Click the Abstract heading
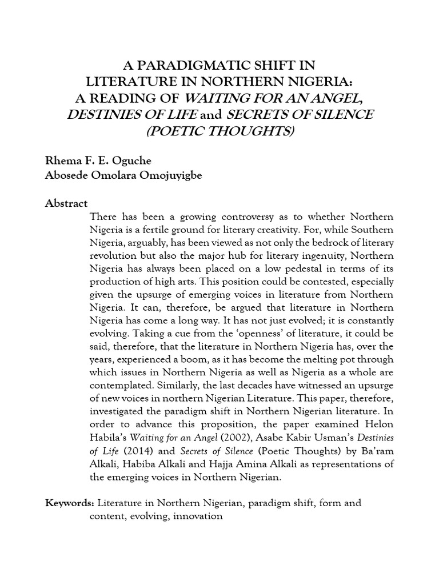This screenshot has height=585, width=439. coord(66,203)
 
